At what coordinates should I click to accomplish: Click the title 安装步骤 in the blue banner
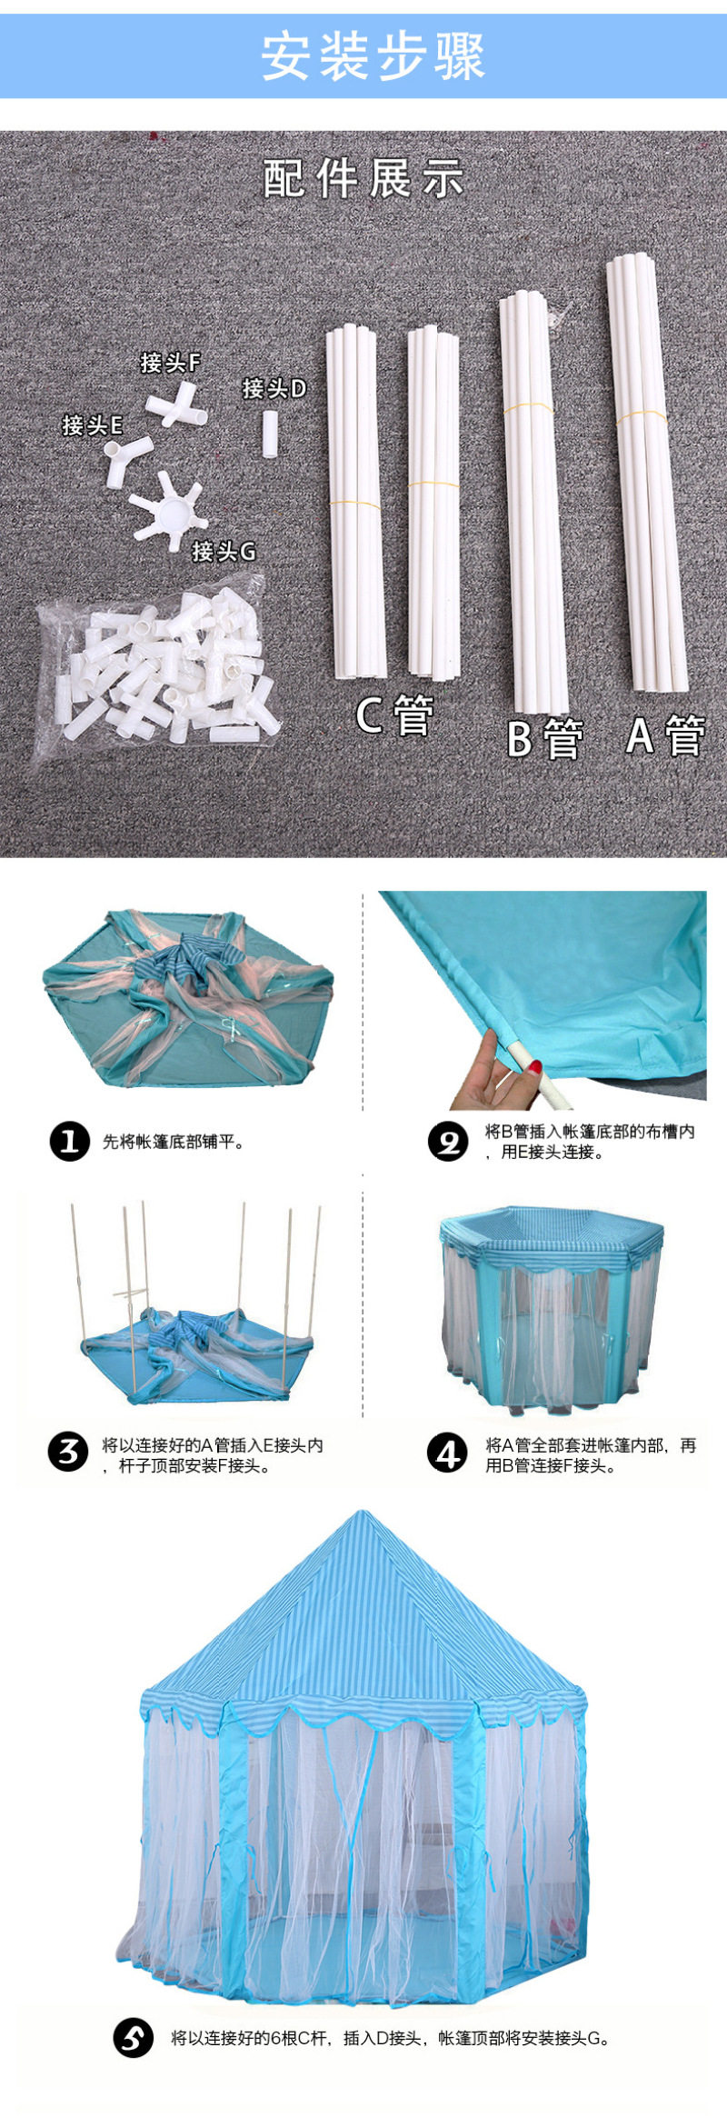(373, 56)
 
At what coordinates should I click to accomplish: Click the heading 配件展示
(363, 178)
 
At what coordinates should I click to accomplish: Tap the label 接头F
(170, 363)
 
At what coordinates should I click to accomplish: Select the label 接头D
(274, 389)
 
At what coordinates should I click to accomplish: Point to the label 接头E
(92, 425)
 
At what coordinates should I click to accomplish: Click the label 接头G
(224, 551)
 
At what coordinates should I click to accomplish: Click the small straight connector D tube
(270, 434)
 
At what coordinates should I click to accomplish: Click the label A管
(666, 735)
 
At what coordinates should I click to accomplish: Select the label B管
(545, 738)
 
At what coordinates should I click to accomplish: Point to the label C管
(394, 715)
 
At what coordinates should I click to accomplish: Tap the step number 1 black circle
(70, 1141)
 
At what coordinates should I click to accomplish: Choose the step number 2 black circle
(449, 1141)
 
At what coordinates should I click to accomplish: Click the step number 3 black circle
(69, 1452)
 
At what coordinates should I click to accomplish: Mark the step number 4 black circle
(448, 1452)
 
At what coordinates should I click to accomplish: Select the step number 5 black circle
(134, 2037)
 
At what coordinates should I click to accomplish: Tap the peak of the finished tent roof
(363, 1512)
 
